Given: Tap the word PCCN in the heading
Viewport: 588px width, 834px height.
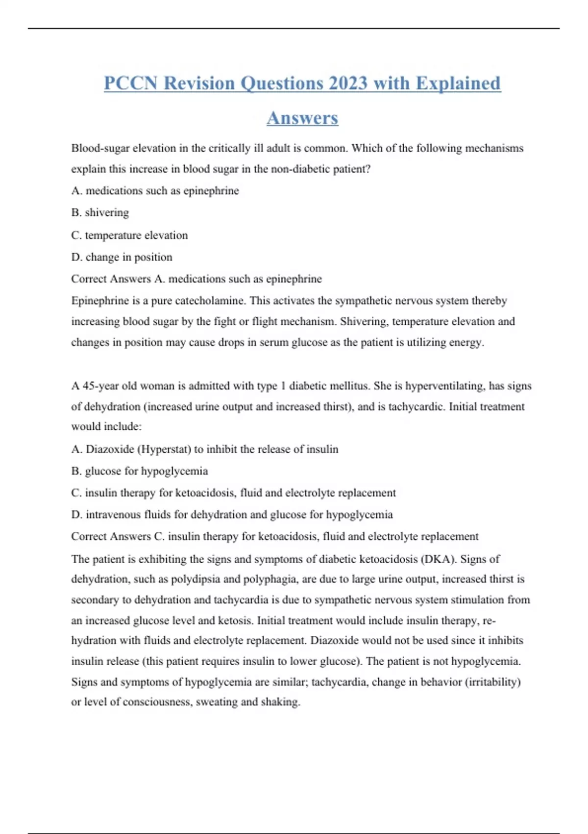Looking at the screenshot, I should pyautogui.click(x=131, y=83).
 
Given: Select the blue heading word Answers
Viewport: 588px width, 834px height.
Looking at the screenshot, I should pyautogui.click(x=302, y=118).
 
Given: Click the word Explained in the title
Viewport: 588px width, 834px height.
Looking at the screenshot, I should pyautogui.click(x=458, y=83).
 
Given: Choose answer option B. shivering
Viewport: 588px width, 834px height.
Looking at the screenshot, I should pyautogui.click(x=100, y=212).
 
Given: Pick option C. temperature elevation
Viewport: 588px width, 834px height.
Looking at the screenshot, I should pyautogui.click(x=129, y=235).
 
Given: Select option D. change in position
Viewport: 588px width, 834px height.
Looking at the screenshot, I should pyautogui.click(x=122, y=257).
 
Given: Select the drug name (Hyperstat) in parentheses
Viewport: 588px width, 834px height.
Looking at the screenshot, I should pyautogui.click(x=163, y=449).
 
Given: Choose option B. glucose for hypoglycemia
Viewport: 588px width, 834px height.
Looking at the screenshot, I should pyautogui.click(x=140, y=471).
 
